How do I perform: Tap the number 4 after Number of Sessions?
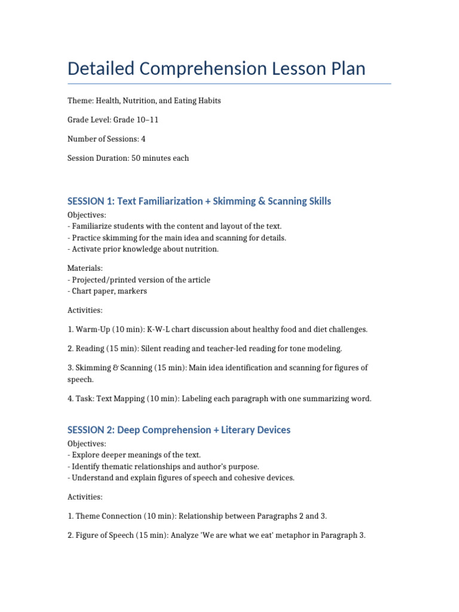pos(143,139)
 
